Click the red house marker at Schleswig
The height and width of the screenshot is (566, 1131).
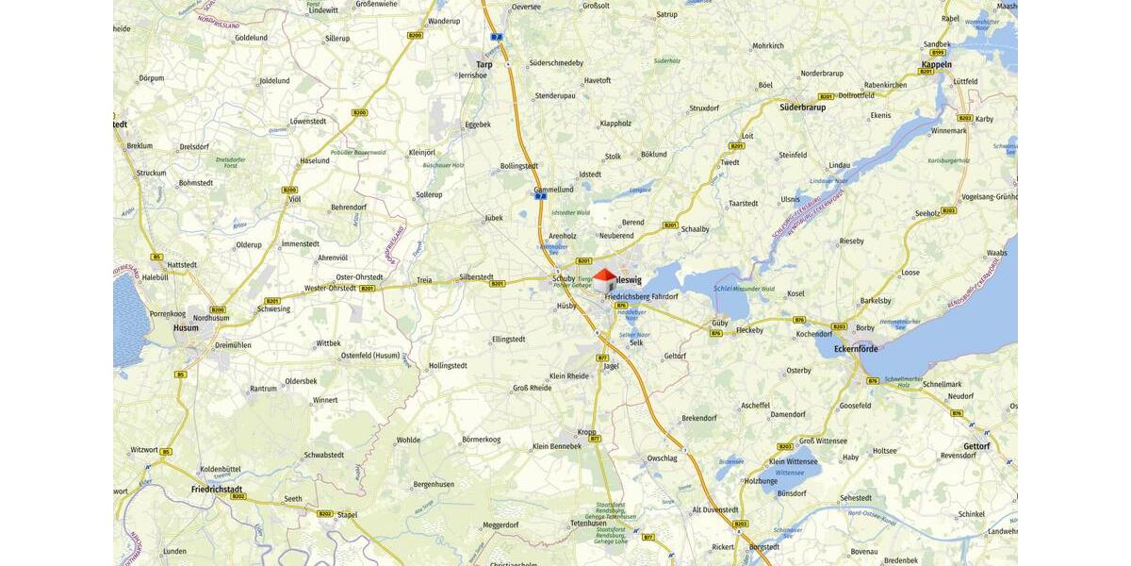click(x=604, y=279)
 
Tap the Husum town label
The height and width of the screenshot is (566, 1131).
click(x=186, y=328)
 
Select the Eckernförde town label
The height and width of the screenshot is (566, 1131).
click(x=855, y=349)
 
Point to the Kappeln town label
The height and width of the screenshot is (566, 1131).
click(x=936, y=64)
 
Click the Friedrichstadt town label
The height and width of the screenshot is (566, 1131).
click(x=217, y=490)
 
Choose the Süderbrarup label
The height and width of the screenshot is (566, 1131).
click(x=802, y=107)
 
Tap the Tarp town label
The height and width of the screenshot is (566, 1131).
click(x=484, y=64)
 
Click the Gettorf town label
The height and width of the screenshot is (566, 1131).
click(x=976, y=446)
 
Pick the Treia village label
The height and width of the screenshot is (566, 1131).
click(x=424, y=280)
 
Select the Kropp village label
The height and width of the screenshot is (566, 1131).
click(x=586, y=432)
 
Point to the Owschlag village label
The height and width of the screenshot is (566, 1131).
click(x=662, y=458)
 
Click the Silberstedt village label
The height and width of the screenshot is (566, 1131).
click(x=476, y=277)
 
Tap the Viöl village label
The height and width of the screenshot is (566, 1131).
click(x=294, y=199)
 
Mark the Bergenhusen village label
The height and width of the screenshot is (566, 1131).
click(x=434, y=484)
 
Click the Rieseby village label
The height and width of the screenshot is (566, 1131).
click(x=851, y=241)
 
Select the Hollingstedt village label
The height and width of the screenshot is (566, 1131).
click(x=448, y=365)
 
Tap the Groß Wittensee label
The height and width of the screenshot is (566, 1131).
click(x=821, y=441)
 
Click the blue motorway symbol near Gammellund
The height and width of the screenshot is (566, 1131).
click(x=540, y=196)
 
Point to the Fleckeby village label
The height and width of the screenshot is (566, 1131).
click(x=749, y=330)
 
